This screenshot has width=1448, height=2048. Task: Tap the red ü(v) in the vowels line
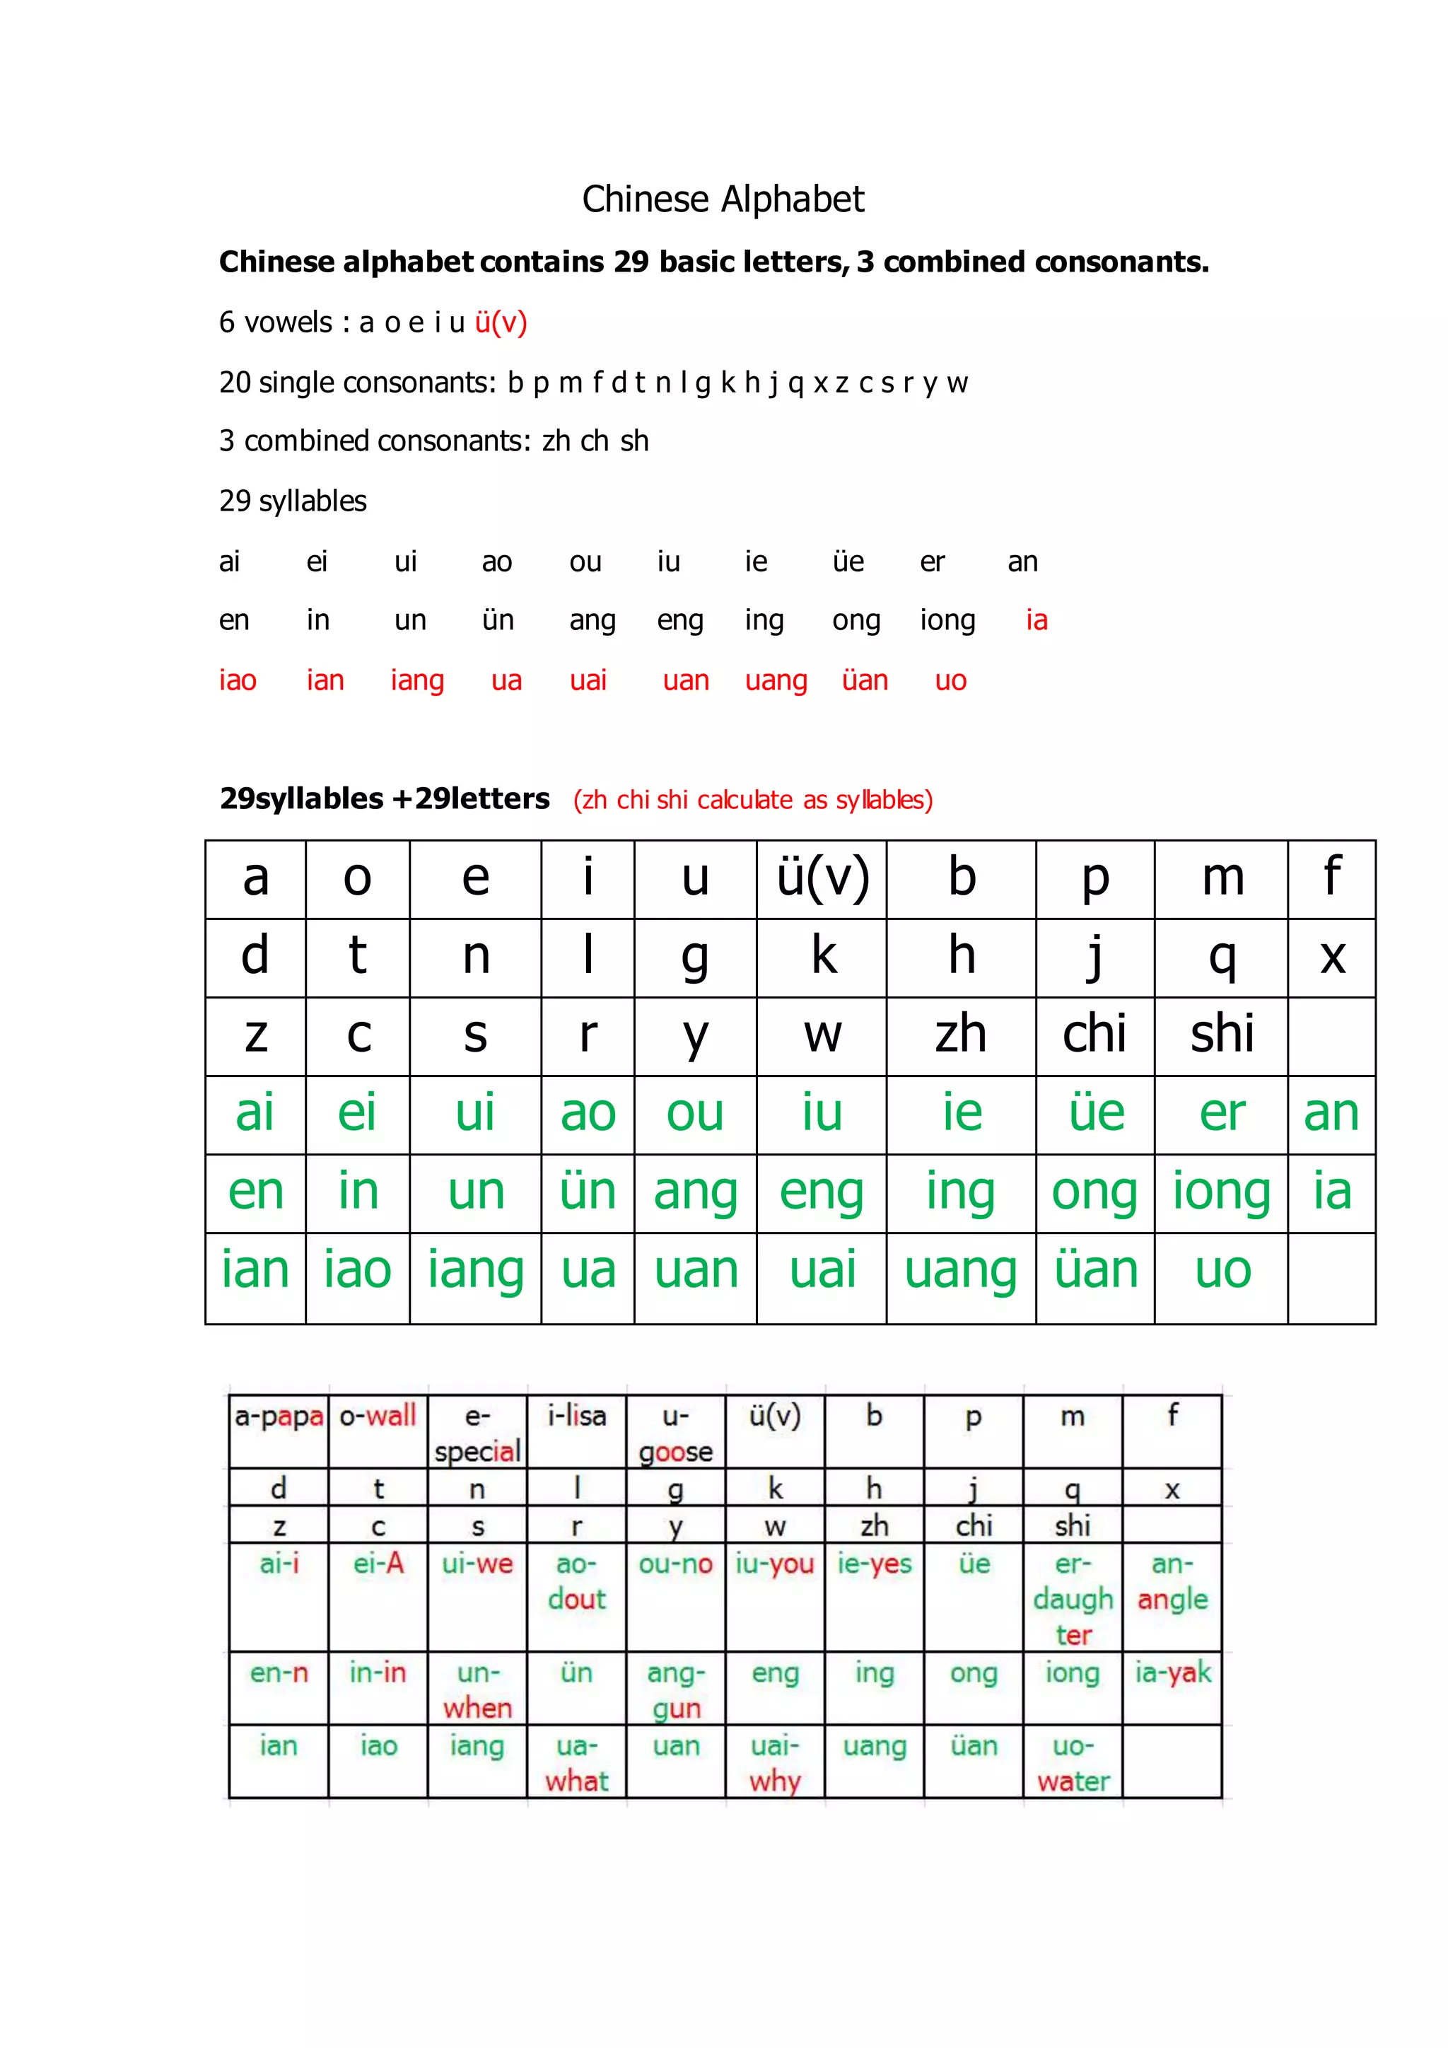[x=500, y=322]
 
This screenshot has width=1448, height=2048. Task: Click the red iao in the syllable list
[x=237, y=680]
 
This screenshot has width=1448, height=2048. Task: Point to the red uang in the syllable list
[x=776, y=680]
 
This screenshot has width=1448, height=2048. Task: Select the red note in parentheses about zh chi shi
[x=752, y=800]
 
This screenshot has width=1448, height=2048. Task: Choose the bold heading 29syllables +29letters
[x=385, y=798]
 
